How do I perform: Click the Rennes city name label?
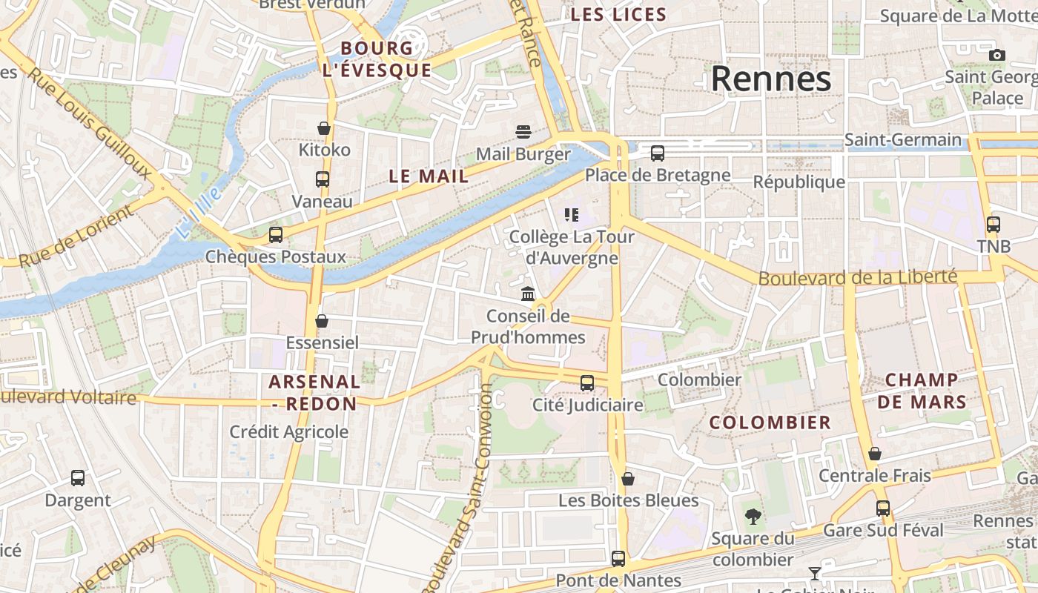click(771, 79)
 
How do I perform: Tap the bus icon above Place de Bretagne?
click(657, 153)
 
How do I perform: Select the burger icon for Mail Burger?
click(523, 132)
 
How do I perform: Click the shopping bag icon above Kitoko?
click(323, 128)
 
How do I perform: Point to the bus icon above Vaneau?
click(322, 179)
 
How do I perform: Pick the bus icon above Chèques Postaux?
click(276, 235)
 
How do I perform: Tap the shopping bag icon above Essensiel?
click(322, 321)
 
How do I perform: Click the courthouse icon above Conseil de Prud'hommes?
click(528, 294)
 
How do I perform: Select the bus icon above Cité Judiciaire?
click(587, 383)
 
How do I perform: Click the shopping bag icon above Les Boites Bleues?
click(628, 479)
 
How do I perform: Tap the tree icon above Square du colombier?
click(753, 516)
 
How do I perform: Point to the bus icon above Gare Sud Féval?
click(882, 508)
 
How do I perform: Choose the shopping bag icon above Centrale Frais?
click(875, 454)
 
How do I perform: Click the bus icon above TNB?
click(993, 224)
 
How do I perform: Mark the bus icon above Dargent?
click(78, 478)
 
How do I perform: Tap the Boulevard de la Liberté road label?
click(857, 278)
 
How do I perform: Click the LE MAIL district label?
click(429, 176)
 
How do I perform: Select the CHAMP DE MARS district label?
click(926, 391)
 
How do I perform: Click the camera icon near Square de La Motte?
click(997, 55)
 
